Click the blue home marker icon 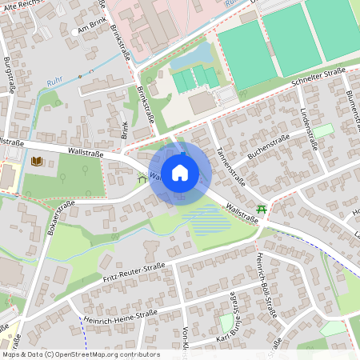pyautogui.click(x=180, y=172)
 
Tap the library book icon pyautogui.click(x=36, y=162)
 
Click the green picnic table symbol pyautogui.click(x=261, y=210)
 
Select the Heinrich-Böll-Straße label pyautogui.click(x=266, y=289)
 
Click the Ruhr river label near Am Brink pyautogui.click(x=54, y=82)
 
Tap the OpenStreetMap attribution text pyautogui.click(x=80, y=354)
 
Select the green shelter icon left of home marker pyautogui.click(x=142, y=178)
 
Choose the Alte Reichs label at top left pyautogui.click(x=22, y=4)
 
